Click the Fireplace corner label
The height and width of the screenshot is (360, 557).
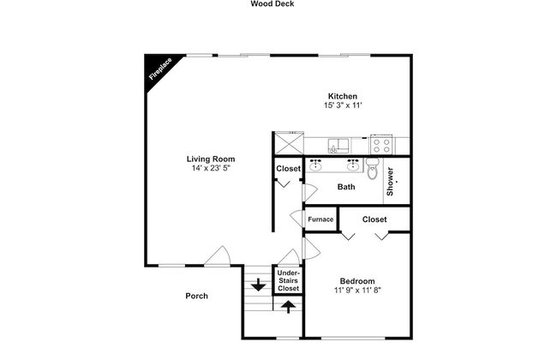[x=160, y=69]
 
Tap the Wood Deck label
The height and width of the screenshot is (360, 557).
[x=273, y=4]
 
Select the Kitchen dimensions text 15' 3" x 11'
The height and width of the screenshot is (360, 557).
[x=343, y=105]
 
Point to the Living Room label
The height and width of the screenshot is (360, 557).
[x=211, y=159]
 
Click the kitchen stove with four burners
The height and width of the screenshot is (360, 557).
[x=381, y=145]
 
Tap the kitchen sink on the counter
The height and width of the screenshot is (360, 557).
[x=338, y=146]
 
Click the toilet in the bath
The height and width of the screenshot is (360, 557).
[x=372, y=169]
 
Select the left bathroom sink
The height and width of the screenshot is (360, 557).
[x=315, y=165]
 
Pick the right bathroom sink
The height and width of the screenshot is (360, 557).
[x=353, y=165]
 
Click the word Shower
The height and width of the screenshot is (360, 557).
[x=390, y=181]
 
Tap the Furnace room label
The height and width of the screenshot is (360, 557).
[x=320, y=219]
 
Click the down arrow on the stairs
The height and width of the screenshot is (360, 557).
[x=258, y=285]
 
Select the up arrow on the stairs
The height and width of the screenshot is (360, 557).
[x=289, y=306]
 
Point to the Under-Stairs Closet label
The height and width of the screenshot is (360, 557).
[x=289, y=281]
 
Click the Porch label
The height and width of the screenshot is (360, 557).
[x=197, y=296]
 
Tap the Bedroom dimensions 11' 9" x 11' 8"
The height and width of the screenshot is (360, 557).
[x=357, y=291]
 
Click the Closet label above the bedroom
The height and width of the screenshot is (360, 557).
[x=374, y=219]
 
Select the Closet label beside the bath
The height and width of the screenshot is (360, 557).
[x=289, y=169]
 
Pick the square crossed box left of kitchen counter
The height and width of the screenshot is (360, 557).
[x=290, y=143]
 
